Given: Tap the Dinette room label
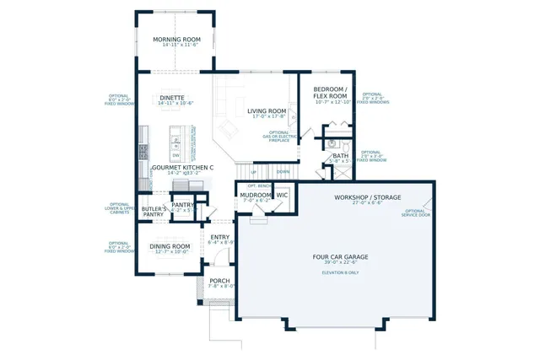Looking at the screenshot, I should pyautogui.click(x=172, y=98).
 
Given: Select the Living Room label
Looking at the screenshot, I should pyautogui.click(x=267, y=111).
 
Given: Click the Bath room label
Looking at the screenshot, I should pyautogui.click(x=340, y=155).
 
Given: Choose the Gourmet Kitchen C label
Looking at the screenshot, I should pyautogui.click(x=182, y=168).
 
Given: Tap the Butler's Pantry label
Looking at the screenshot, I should pyautogui.click(x=153, y=212).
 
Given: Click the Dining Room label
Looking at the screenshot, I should pyautogui.click(x=170, y=247).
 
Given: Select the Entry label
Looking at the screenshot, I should pyautogui.click(x=220, y=238).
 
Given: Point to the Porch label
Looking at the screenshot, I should pyautogui.click(x=219, y=282).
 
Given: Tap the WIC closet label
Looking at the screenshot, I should pyautogui.click(x=283, y=195).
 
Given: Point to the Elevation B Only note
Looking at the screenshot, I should pyautogui.click(x=336, y=272).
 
